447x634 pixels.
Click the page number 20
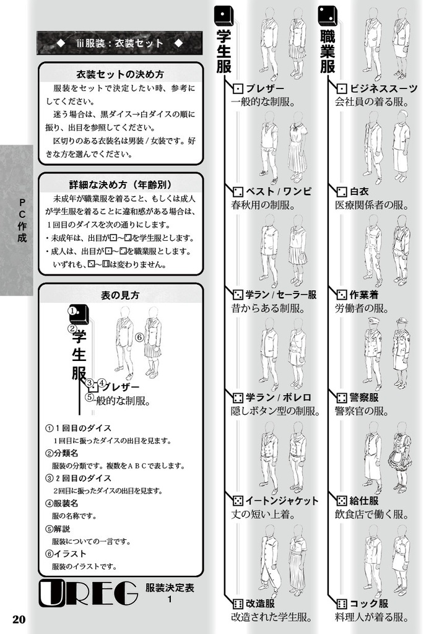19,619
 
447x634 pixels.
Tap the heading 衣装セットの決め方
120,74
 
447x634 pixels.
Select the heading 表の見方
120,295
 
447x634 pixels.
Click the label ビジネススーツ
384,89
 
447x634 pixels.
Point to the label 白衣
359,191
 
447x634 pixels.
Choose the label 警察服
364,397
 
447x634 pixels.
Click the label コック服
368,604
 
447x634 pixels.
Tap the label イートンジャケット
282,500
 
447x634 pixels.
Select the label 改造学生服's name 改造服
260,604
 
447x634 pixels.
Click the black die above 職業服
328,16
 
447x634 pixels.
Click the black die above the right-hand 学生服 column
223,16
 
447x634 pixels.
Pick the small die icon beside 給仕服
342,501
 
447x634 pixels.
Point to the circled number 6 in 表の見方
139,337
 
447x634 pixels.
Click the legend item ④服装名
62,503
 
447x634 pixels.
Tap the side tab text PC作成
22,220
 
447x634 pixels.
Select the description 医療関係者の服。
372,205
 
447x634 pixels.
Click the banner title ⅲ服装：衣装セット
119,43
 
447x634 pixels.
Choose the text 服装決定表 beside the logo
170,588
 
